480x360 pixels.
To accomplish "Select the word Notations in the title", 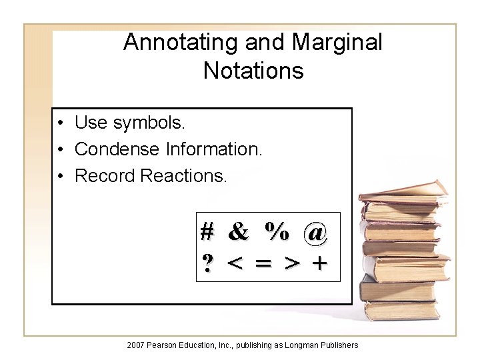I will pyautogui.click(x=253, y=70).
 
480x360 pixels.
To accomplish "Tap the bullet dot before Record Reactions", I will pyautogui.click(x=60, y=176).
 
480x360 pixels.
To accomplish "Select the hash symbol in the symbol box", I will pyautogui.click(x=207, y=232).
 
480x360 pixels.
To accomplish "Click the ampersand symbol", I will pyautogui.click(x=238, y=232).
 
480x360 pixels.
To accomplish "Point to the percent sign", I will pyautogui.click(x=276, y=232).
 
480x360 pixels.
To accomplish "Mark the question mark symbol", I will pyautogui.click(x=207, y=264).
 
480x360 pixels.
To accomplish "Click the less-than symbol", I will pyautogui.click(x=235, y=265).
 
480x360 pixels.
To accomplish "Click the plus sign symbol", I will pyautogui.click(x=320, y=265).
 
